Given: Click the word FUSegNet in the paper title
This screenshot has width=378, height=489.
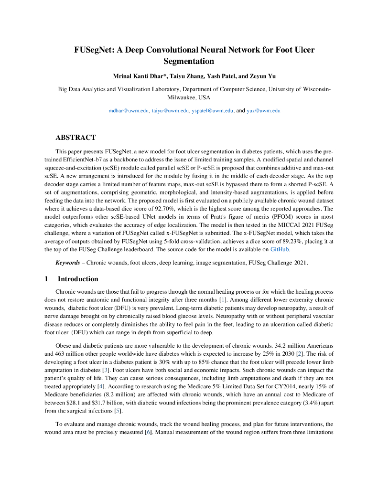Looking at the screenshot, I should (x=92, y=50).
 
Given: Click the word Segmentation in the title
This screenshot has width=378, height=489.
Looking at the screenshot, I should (x=189, y=61).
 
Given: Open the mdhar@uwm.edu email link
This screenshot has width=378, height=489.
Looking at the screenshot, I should (x=129, y=110).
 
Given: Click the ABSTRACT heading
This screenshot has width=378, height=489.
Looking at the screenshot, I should (x=76, y=138).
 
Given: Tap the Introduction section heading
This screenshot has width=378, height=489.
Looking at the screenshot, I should (x=78, y=279).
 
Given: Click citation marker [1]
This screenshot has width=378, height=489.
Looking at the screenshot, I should (x=222, y=299).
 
